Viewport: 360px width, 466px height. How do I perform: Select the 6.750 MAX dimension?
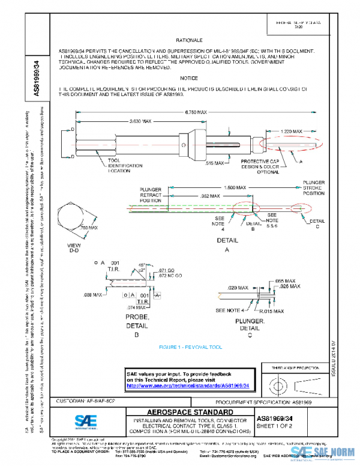point(196,112)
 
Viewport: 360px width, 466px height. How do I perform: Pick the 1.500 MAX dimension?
point(236,187)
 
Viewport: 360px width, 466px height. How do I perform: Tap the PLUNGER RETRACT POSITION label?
point(151,196)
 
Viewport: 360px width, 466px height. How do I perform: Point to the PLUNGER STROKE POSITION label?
point(314,186)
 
